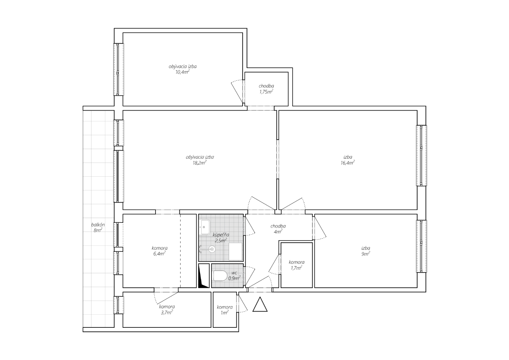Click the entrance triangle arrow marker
(x=260, y=305)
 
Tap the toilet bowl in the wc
(x=220, y=276)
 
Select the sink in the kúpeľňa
(x=205, y=227)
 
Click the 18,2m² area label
(x=200, y=163)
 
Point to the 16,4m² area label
(x=348, y=163)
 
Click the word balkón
(x=98, y=224)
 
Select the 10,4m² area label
(x=182, y=72)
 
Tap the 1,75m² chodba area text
(x=266, y=91)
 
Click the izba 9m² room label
(x=366, y=251)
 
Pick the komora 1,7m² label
(x=297, y=265)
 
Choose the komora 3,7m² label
(x=167, y=309)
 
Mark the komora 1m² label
(x=225, y=310)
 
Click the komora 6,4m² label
(x=159, y=251)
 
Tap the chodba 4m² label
(x=278, y=229)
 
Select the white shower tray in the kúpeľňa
(x=235, y=251)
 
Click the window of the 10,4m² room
(x=119, y=69)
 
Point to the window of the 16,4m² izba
(x=422, y=156)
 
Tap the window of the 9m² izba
(x=422, y=246)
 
